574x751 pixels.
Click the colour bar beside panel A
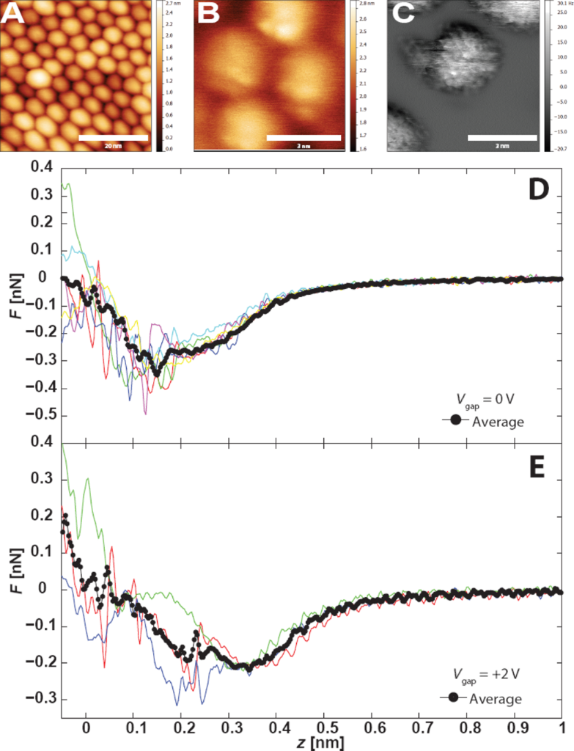pyautogui.click(x=158, y=76)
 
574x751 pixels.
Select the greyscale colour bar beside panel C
pyautogui.click(x=543, y=76)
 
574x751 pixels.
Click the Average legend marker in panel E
pyautogui.click(x=454, y=698)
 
